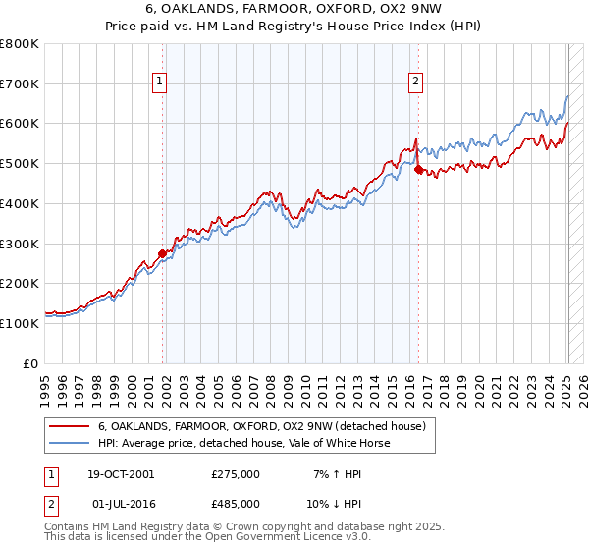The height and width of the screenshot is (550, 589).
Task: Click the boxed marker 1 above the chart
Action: point(159,82)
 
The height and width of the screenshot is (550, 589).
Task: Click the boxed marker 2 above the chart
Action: point(416,82)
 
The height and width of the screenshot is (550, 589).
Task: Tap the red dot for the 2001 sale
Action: point(163,253)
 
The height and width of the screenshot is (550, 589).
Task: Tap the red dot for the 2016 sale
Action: point(419,170)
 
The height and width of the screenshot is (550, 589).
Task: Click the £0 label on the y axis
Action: point(31,363)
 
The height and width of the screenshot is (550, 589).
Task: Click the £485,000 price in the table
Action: point(236,503)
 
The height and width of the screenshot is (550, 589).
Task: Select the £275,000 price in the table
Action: point(236,474)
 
